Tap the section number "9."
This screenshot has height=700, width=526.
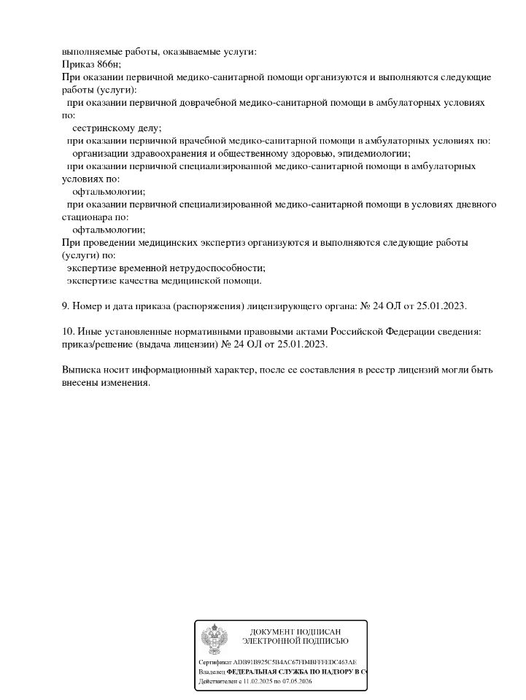(66, 306)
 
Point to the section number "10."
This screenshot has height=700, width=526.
(69, 332)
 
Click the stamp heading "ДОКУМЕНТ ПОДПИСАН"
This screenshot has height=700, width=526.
(295, 631)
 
